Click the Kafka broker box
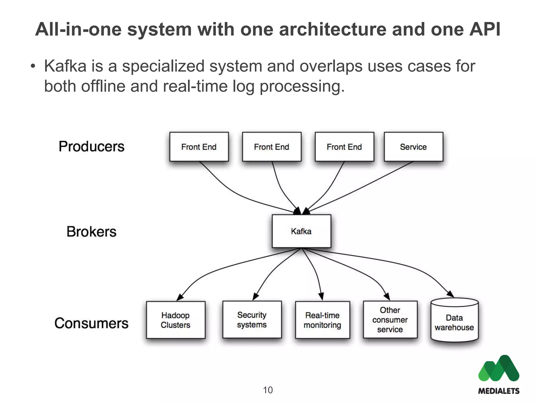click(x=301, y=231)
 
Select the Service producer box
click(x=413, y=147)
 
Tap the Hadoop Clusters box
click(x=176, y=320)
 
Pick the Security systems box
click(x=252, y=320)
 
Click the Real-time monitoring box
click(x=322, y=320)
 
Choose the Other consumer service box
click(x=390, y=320)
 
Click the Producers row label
click(x=91, y=146)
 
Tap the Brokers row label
click(x=91, y=232)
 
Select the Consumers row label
click(x=91, y=323)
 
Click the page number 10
click(x=268, y=390)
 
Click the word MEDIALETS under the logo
click(x=499, y=391)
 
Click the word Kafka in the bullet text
click(x=65, y=66)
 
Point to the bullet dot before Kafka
click(x=33, y=66)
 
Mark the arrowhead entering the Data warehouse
click(x=451, y=294)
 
